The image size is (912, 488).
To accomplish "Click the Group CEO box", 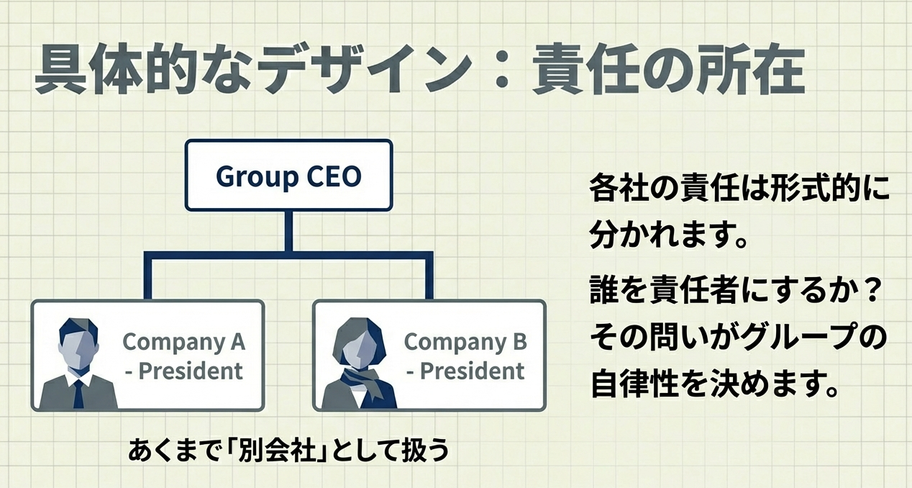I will pos(288,176).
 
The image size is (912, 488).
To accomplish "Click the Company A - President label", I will pos(184,356).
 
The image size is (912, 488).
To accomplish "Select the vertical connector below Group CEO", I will pos(288,231).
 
